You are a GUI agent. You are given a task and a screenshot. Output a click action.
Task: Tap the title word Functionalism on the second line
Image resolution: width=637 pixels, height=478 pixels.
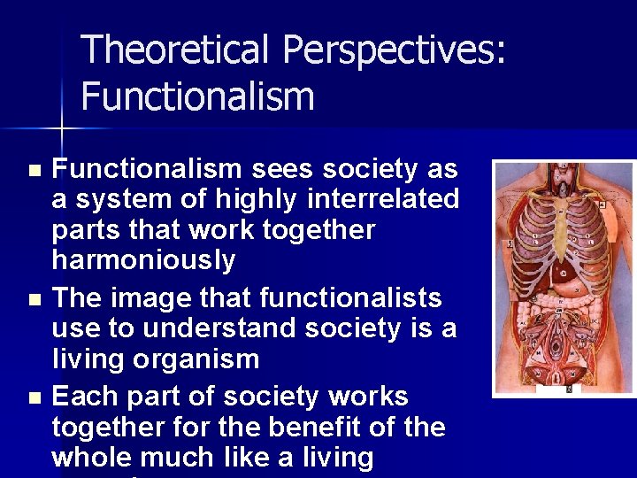197,96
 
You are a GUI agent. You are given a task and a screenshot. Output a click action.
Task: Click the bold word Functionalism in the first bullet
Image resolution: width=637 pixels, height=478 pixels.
146,168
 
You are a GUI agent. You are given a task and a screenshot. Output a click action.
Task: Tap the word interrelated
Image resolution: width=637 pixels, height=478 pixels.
387,199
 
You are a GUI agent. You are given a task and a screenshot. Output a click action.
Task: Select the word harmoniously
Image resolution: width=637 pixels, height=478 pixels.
143,261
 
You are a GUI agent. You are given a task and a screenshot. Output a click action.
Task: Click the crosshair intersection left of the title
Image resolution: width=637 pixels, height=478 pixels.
61,129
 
